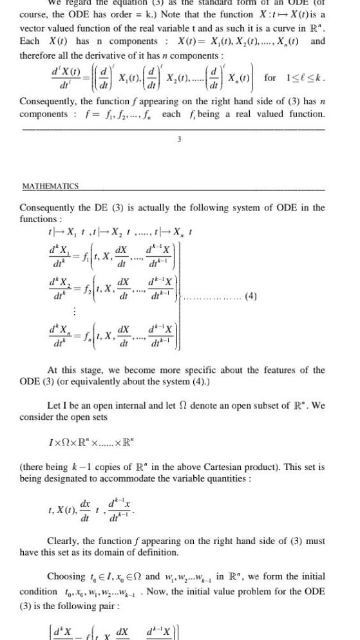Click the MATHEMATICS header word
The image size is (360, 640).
tap(50, 186)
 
